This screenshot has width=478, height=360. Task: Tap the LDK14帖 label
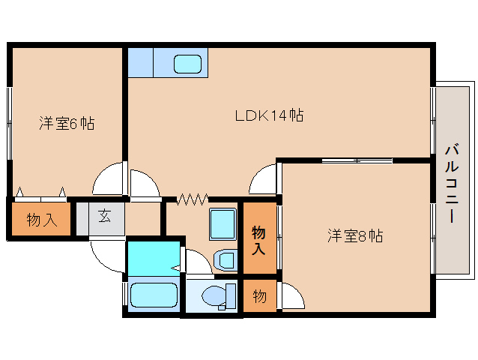coord(269,116)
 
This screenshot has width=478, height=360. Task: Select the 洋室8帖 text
coord(354,236)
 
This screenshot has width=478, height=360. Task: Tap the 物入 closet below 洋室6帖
coord(41,220)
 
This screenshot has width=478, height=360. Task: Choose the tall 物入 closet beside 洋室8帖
coord(258,239)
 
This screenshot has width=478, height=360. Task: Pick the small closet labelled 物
coord(258,296)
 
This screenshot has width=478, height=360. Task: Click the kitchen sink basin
coord(188,64)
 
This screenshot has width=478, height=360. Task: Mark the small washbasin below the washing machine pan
coord(225,260)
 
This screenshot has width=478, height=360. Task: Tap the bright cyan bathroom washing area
coord(153,257)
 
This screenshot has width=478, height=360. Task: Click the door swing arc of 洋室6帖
coord(107,180)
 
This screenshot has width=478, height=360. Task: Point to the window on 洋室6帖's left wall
coord(10,124)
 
